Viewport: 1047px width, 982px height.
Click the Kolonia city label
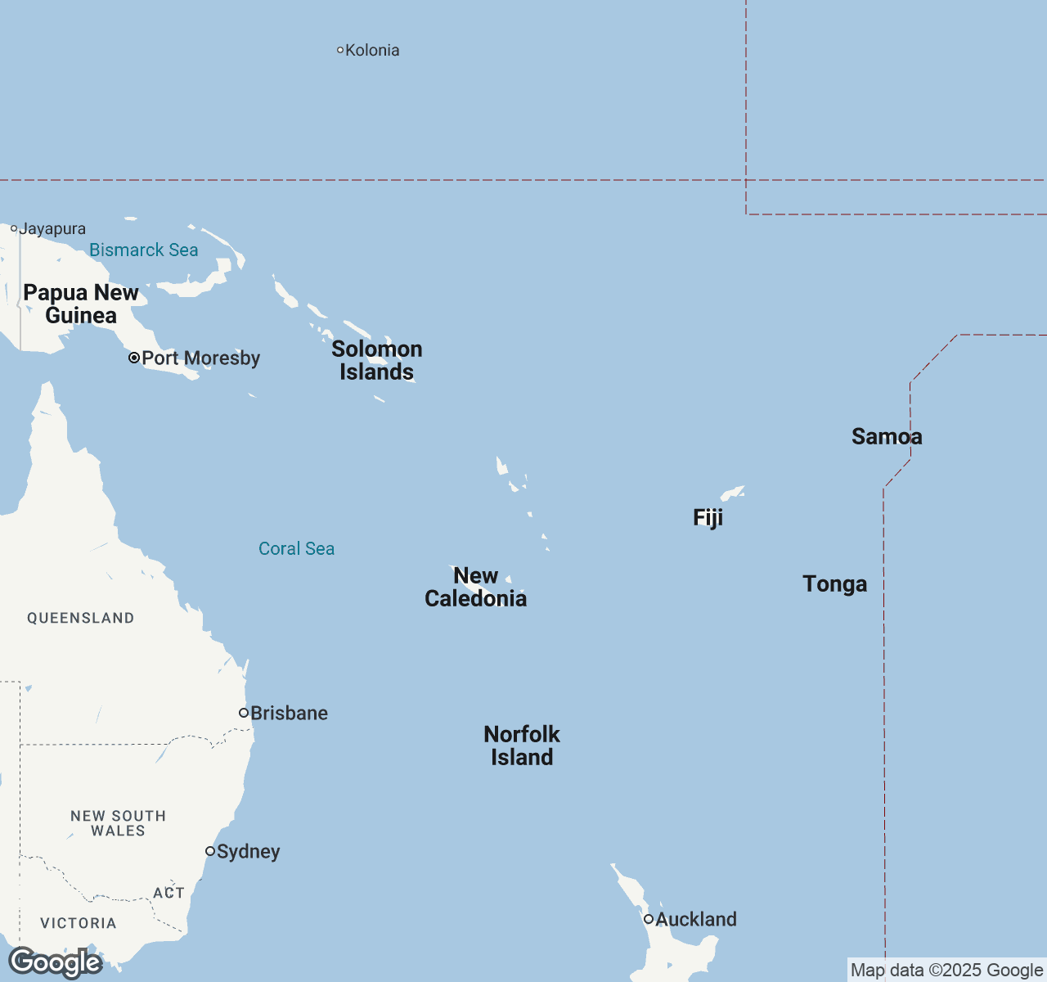[372, 51]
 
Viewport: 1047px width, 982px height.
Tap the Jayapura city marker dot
[14, 229]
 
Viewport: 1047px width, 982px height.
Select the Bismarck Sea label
[144, 250]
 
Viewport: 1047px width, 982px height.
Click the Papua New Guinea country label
[81, 304]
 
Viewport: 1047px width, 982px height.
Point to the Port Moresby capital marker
[134, 358]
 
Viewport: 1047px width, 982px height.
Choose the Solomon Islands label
[377, 360]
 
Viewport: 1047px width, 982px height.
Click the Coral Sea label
[296, 549]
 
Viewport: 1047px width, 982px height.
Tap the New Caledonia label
[475, 588]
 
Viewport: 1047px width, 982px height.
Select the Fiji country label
[708, 517]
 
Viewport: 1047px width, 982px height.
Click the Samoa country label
[887, 437]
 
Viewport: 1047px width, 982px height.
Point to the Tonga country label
[834, 584]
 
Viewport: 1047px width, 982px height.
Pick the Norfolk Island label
[522, 746]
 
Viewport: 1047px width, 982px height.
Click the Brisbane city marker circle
[244, 713]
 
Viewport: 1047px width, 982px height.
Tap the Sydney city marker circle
[210, 851]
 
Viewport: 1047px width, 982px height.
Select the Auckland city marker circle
[649, 919]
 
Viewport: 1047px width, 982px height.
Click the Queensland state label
[80, 618]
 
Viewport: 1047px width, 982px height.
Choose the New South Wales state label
[118, 823]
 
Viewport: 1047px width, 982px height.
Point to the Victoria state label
[79, 923]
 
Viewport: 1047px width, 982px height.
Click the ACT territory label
[169, 893]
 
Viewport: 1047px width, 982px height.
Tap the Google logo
[55, 962]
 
